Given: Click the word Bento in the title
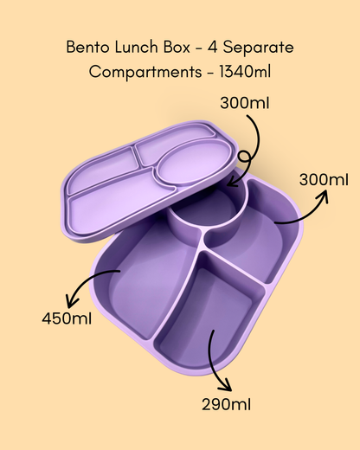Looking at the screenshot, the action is click(87, 47).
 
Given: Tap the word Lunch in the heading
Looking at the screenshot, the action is click(137, 47).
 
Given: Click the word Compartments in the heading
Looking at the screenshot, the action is click(145, 72).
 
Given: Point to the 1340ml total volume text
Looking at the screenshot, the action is click(245, 72).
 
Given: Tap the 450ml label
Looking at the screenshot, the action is click(67, 318).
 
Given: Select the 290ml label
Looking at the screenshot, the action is click(226, 404).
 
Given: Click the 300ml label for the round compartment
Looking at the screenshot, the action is click(245, 103).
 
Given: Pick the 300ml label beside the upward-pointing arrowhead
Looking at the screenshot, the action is click(324, 180).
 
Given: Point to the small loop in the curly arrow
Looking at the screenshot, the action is click(244, 157).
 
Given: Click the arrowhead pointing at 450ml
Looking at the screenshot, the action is click(71, 301).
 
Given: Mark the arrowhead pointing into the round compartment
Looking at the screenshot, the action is click(232, 182).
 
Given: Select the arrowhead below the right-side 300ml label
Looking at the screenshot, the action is click(323, 196).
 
